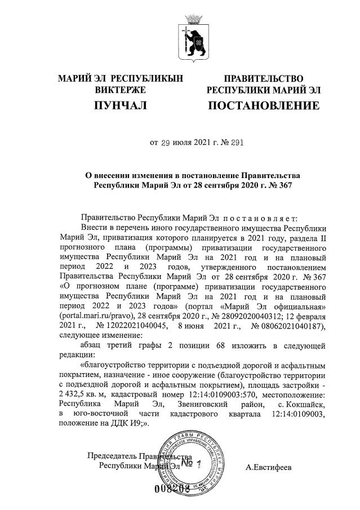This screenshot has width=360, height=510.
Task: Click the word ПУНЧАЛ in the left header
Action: (x=121, y=105)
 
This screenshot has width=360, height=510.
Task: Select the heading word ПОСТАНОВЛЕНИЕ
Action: (x=264, y=105)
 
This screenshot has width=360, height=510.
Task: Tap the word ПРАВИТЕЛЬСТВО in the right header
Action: (x=264, y=78)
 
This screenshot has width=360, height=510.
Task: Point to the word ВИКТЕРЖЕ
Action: (x=121, y=90)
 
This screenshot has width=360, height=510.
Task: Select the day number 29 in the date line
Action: (x=166, y=143)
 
